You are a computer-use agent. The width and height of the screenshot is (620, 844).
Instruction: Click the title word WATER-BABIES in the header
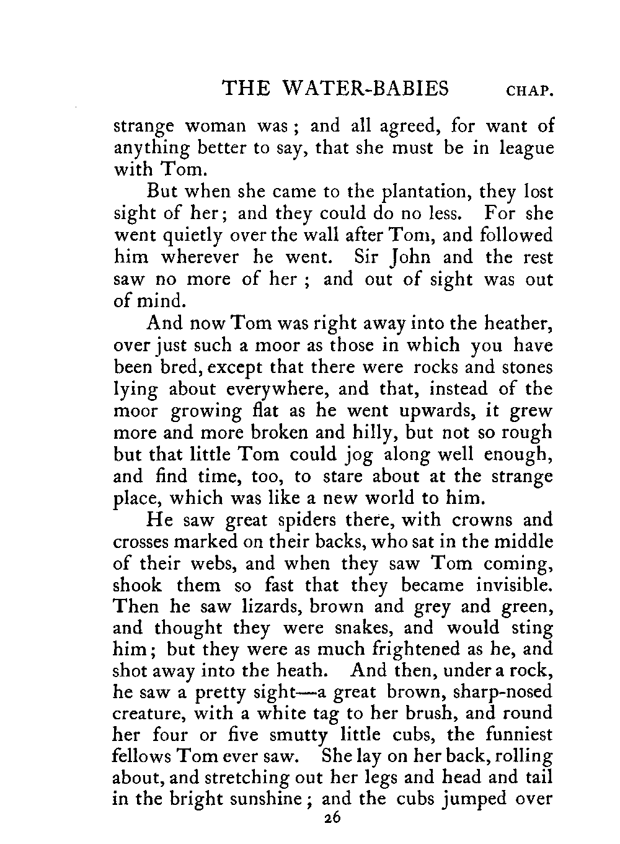(x=365, y=89)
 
